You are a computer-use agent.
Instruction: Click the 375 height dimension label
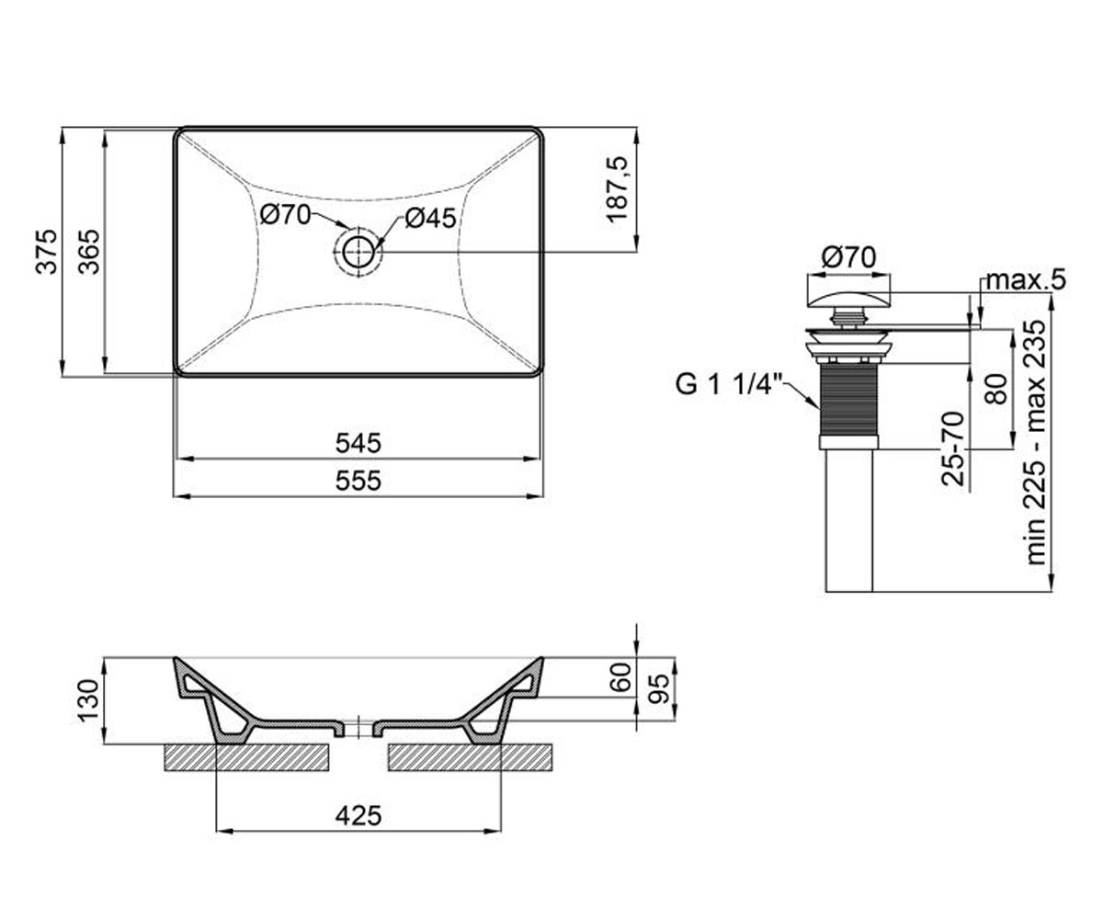(x=47, y=252)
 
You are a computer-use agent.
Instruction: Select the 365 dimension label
(x=89, y=252)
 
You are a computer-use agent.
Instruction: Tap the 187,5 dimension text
(x=617, y=189)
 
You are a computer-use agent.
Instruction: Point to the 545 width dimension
(x=358, y=443)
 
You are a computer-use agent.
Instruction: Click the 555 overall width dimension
(x=358, y=481)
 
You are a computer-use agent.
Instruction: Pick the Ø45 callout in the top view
(x=430, y=218)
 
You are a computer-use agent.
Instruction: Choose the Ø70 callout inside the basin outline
(x=285, y=215)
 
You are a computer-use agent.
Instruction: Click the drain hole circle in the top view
(x=358, y=253)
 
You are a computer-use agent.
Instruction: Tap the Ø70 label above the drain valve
(x=849, y=257)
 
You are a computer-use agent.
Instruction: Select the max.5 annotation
(x=1026, y=279)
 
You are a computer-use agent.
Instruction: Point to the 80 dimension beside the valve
(x=996, y=389)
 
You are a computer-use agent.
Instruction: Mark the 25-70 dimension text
(x=954, y=448)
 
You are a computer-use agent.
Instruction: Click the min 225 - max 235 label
(x=1036, y=443)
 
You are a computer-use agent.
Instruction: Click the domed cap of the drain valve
(x=847, y=301)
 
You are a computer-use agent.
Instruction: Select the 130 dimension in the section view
(x=88, y=701)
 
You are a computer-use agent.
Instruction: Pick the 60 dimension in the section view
(x=622, y=677)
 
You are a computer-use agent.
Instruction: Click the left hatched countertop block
(x=246, y=757)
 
